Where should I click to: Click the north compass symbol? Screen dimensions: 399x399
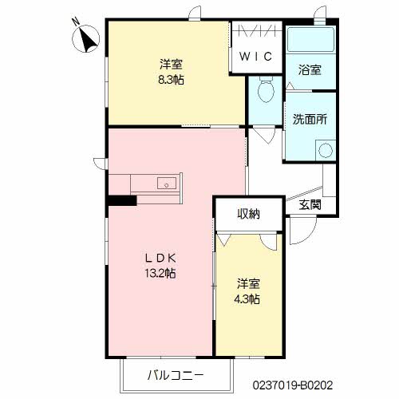click(86, 39)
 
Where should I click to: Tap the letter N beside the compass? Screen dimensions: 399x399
click(77, 21)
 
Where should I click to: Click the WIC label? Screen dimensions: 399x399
click(256, 56)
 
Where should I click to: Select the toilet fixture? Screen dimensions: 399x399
click(266, 89)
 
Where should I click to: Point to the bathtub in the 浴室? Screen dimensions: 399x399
click(310, 39)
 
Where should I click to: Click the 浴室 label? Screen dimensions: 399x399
click(310, 69)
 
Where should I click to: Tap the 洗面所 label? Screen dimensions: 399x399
click(310, 120)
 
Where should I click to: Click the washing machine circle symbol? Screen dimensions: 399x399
click(326, 150)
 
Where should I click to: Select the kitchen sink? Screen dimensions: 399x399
click(167, 184)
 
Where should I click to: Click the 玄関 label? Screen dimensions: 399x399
click(310, 204)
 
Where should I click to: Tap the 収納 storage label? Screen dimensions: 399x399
click(249, 214)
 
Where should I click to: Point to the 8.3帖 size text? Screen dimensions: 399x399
click(171, 79)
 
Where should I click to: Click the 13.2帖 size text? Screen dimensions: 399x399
click(160, 273)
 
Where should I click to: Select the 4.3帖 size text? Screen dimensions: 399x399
click(247, 299)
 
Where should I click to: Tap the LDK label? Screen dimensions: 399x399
click(160, 258)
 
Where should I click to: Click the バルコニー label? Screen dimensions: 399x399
click(176, 375)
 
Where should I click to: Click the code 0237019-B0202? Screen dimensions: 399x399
click(293, 385)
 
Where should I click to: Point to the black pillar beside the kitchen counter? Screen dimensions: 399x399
click(122, 200)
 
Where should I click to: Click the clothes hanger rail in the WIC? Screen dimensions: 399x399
click(256, 30)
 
